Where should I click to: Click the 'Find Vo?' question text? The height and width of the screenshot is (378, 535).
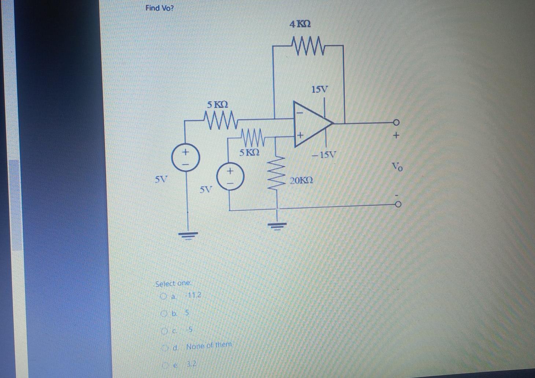pyautogui.click(x=159, y=8)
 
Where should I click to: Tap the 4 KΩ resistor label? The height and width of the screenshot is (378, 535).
pyautogui.click(x=300, y=25)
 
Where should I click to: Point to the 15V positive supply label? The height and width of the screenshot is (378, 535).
pyautogui.click(x=320, y=89)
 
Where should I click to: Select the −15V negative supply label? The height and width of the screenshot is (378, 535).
pyautogui.click(x=324, y=154)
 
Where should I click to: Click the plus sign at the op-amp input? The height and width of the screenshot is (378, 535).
pyautogui.click(x=300, y=135)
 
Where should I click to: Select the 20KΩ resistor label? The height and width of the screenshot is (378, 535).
pyautogui.click(x=302, y=181)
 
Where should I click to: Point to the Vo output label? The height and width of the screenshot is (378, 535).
pyautogui.click(x=398, y=167)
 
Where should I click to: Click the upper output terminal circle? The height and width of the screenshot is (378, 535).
pyautogui.click(x=396, y=123)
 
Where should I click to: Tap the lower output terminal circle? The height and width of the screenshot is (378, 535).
pyautogui.click(x=397, y=204)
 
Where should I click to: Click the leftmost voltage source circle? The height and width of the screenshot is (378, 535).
pyautogui.click(x=186, y=157)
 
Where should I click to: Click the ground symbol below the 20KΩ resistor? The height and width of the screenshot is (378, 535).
pyautogui.click(x=277, y=224)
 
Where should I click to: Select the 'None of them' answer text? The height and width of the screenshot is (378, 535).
pyautogui.click(x=209, y=346)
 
